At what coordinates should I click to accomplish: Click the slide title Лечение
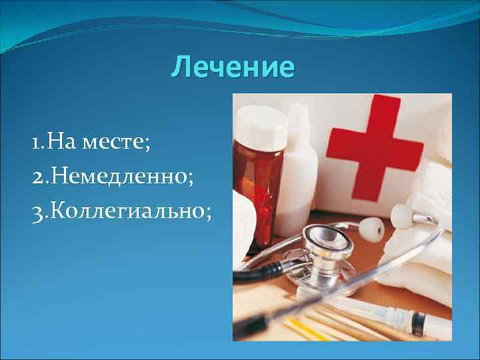point(232,67)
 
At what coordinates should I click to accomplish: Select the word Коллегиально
point(127,212)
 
